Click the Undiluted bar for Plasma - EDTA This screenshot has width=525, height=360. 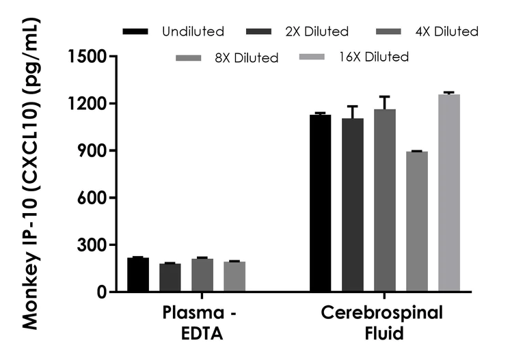pyautogui.click(x=138, y=275)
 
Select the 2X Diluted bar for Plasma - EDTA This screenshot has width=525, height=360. pyautogui.click(x=170, y=277)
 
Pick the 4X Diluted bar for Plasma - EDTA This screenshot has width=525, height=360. pyautogui.click(x=202, y=275)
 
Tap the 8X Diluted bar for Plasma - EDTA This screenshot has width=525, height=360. pyautogui.click(x=234, y=277)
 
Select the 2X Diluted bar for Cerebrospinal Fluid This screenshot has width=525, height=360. pyautogui.click(x=353, y=205)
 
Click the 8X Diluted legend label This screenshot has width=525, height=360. pyautogui.click(x=245, y=58)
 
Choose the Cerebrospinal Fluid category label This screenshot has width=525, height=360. pyautogui.click(x=382, y=323)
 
